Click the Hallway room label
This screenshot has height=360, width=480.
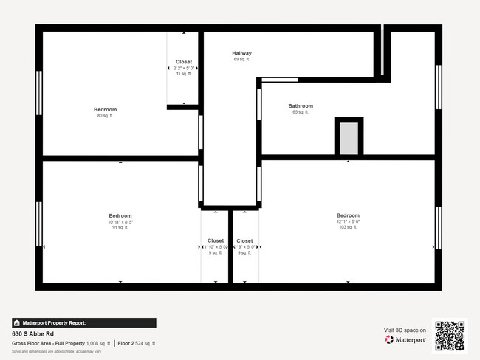click(241, 53)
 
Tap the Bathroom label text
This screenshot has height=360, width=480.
click(301, 106)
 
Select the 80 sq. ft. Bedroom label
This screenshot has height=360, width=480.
click(105, 110)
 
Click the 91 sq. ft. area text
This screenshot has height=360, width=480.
click(120, 227)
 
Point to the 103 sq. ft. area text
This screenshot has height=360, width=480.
click(348, 227)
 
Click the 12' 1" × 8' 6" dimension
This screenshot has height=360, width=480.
click(348, 221)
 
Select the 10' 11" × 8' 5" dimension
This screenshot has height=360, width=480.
click(120, 221)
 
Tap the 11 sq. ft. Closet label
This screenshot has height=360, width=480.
click(183, 74)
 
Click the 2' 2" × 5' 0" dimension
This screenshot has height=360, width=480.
click(183, 68)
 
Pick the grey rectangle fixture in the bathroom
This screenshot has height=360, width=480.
click(349, 139)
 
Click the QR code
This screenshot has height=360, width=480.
click(450, 336)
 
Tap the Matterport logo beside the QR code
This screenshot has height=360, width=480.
click(405, 339)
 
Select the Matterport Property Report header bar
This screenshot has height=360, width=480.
click(83, 322)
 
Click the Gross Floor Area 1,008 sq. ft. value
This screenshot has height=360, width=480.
click(99, 343)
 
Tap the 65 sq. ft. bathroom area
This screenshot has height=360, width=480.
click(301, 112)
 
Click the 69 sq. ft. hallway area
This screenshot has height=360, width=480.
click(241, 59)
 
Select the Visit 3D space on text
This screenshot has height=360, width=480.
click(405, 330)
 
